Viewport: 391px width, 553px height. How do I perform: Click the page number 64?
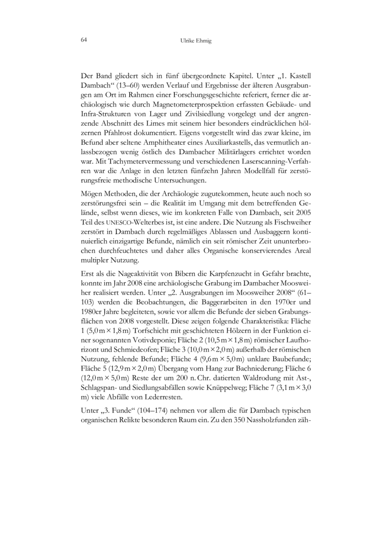[x=84, y=41]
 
